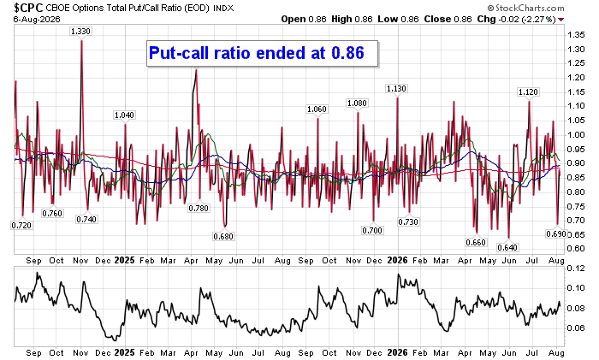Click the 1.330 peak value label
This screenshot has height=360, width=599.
coord(80,32)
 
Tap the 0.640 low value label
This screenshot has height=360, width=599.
coord(507,247)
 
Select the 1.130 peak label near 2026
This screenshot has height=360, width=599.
coord(396,89)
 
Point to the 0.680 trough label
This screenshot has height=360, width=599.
coord(223,236)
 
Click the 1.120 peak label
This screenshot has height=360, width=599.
coord(528,92)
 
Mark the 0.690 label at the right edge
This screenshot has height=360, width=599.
coord(556,233)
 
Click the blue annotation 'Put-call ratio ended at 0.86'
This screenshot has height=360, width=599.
coord(257,53)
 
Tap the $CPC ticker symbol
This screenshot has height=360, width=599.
coord(28,8)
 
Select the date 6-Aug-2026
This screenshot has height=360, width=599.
coord(37,19)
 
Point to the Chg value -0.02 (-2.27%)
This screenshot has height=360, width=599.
coord(527,19)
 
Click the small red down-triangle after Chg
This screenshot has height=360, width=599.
coord(560,20)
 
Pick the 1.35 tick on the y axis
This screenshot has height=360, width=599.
coord(576,35)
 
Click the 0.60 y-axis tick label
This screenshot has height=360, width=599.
coord(576,249)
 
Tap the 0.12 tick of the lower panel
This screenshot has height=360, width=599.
coord(576,269)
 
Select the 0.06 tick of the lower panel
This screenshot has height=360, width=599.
coord(576,328)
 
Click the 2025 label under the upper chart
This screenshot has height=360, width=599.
coord(125,260)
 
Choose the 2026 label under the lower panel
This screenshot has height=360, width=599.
coord(397,353)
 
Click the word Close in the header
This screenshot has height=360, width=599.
coord(437,19)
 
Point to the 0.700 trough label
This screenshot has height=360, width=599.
coord(372,230)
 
